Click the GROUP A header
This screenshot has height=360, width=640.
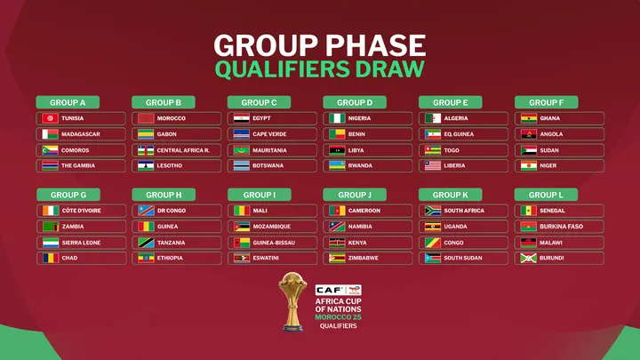tap(68, 102)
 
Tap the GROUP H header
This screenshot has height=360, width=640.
tap(164, 195)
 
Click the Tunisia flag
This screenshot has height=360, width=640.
tap(49, 118)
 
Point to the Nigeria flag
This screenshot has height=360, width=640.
tap(337, 118)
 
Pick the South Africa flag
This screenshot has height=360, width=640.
tap(433, 211)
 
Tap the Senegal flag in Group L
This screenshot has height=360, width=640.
tap(529, 211)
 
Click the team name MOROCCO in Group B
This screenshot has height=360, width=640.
tap(172, 118)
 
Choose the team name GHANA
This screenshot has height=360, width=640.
tap(550, 118)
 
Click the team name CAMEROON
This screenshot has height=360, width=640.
tap(364, 211)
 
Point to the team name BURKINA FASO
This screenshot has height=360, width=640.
tap(562, 227)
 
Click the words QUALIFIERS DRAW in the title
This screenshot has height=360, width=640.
tap(320, 68)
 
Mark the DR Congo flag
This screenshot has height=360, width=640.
tap(145, 211)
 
